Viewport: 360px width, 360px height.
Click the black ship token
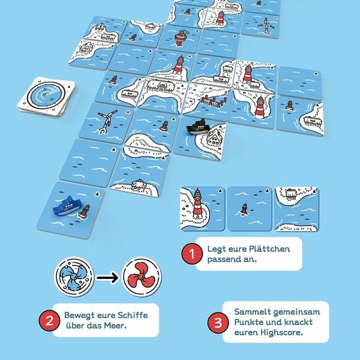196,127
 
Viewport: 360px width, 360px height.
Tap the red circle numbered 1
192,254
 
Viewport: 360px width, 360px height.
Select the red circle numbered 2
50,320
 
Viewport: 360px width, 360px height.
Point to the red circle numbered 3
218,322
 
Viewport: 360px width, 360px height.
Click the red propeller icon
142,277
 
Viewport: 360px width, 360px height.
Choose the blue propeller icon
74,277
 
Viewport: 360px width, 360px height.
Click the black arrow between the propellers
107,278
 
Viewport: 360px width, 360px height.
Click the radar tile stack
47,97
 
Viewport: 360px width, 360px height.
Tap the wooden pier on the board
214,101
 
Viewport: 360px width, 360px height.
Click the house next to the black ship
214,137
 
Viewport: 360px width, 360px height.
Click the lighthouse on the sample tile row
197,203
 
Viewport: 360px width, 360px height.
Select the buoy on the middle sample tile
244,209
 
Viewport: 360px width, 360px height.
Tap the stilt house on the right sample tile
291,194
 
